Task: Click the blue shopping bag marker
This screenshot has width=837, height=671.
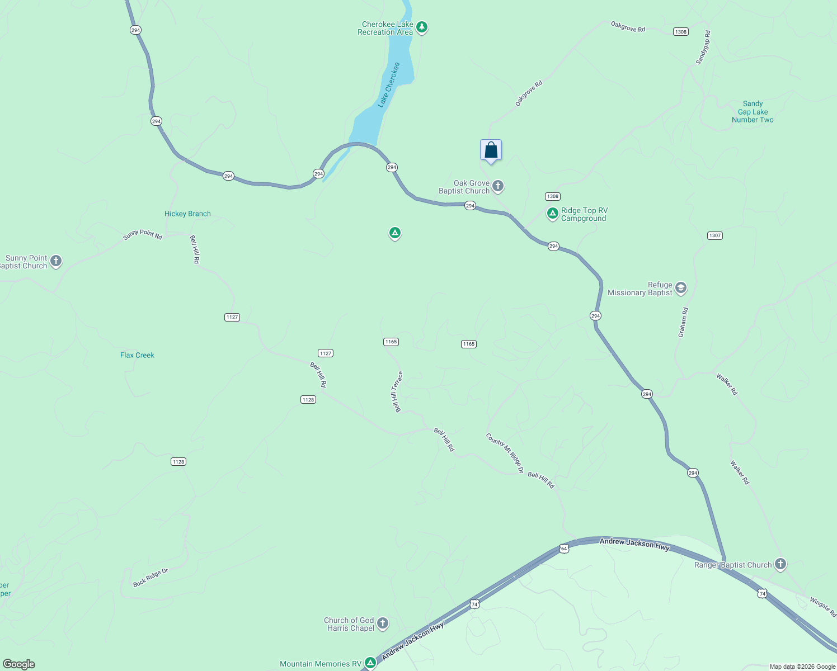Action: [491, 150]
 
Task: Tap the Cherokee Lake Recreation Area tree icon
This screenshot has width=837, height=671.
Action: [422, 27]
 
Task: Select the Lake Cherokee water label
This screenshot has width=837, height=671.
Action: [389, 84]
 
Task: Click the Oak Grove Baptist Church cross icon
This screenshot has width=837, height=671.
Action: [498, 186]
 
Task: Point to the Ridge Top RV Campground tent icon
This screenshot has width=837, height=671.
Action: [552, 214]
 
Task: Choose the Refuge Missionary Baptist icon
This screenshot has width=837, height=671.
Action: [680, 288]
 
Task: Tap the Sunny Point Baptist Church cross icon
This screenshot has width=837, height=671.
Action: [55, 261]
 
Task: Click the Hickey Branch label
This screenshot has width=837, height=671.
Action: [187, 214]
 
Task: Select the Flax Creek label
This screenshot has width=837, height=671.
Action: [137, 355]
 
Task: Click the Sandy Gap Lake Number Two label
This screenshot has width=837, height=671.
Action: [753, 112]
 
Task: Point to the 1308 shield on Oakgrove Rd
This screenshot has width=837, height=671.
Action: [680, 32]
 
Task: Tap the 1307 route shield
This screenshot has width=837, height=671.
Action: [714, 235]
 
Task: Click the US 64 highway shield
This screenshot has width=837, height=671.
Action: [563, 549]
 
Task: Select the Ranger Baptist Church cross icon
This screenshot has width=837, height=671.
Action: [780, 564]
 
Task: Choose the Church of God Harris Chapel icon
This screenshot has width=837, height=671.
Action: [383, 623]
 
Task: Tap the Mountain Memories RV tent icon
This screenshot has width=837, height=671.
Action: [370, 663]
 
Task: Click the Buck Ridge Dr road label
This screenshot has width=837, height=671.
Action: [151, 578]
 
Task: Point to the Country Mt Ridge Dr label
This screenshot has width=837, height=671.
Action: [505, 453]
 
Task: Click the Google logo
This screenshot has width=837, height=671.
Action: [18, 664]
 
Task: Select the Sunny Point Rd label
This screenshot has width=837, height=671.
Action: [143, 235]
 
